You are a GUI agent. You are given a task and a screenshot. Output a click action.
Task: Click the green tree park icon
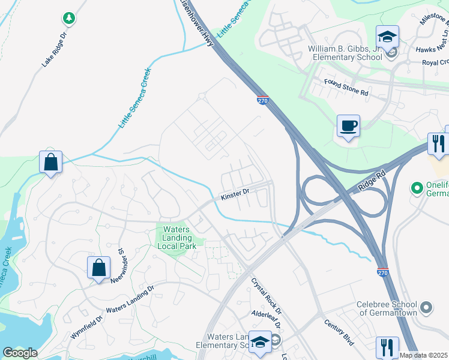pos(69,19)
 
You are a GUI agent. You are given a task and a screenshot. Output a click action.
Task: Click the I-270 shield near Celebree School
pos(382,272)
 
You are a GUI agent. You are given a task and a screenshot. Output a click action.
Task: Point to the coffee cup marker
pos(348,126)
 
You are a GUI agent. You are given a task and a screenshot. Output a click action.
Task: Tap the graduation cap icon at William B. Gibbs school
pos(387,37)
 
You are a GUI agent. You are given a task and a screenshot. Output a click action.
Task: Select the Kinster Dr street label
pos(235,194)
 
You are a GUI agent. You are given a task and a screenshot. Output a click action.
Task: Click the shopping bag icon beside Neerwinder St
pos(98,268)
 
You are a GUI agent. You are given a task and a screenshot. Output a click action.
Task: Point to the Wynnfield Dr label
pos(87,325)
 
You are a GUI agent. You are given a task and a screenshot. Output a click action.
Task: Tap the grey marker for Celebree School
pos(426,308)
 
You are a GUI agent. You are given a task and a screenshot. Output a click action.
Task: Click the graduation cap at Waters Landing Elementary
pos(260,342)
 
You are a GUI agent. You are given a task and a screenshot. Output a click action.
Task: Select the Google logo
pos(20,353)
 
